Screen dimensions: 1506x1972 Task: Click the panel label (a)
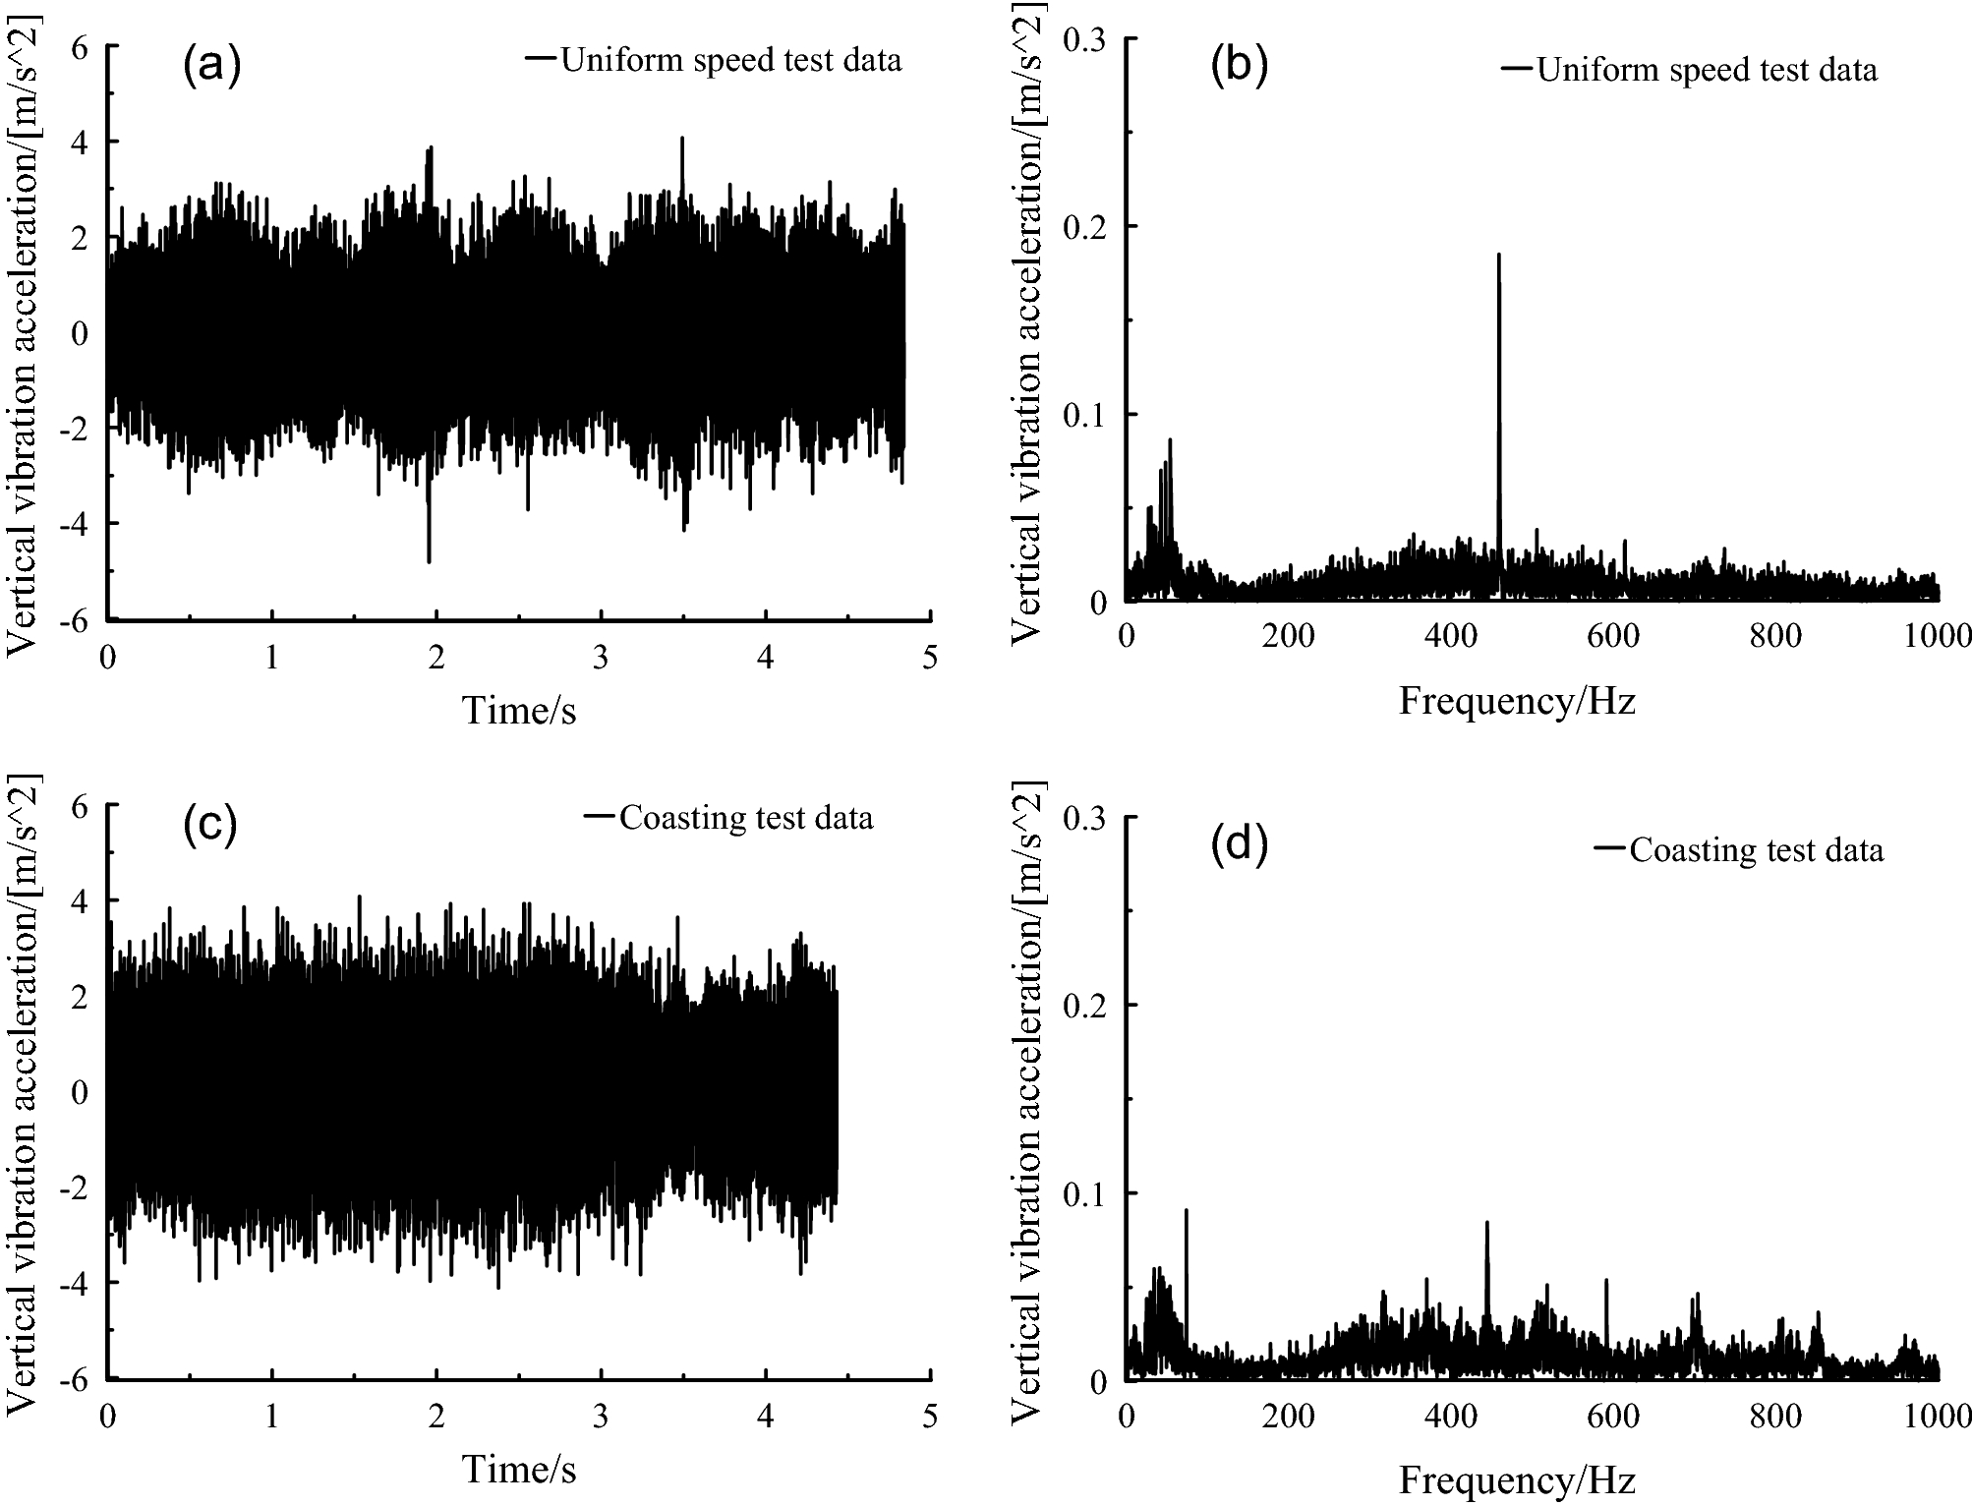coord(211,66)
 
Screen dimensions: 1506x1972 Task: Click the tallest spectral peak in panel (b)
coord(1498,256)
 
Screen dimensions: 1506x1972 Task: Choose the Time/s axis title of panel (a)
coord(519,710)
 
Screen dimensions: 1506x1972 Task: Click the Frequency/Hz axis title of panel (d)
coord(1517,1479)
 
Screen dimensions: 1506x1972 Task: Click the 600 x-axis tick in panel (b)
coord(1613,637)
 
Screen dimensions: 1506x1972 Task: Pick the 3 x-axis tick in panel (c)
coord(601,1417)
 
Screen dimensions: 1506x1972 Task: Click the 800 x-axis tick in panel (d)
coord(1775,1417)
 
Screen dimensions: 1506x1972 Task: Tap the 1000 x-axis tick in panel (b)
coord(1938,637)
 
